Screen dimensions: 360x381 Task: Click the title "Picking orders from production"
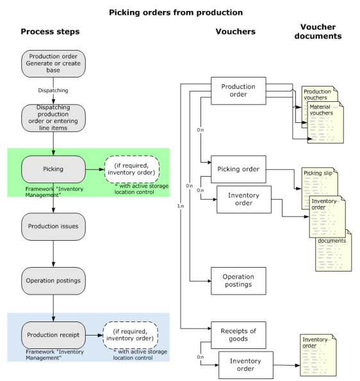(176, 12)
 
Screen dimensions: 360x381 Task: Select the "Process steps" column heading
(50, 31)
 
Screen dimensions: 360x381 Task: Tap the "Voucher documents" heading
(318, 31)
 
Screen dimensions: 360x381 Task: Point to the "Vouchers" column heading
(236, 31)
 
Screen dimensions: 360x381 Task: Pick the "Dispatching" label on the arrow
(53, 90)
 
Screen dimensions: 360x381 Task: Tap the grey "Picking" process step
(53, 169)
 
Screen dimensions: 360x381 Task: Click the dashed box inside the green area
(132, 169)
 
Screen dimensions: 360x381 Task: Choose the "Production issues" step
(53, 227)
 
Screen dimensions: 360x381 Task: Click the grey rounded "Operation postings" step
(53, 281)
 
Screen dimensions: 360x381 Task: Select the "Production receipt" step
(53, 335)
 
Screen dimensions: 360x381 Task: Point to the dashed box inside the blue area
(131, 336)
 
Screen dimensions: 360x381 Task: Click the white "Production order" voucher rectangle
(238, 91)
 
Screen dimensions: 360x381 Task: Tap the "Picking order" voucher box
(238, 169)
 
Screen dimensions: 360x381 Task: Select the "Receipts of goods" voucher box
(238, 335)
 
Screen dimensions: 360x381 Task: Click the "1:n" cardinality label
(181, 206)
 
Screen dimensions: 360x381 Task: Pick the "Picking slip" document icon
(320, 188)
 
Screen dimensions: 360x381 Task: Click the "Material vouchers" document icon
(325, 122)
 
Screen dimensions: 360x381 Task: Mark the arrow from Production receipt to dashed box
(94, 336)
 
